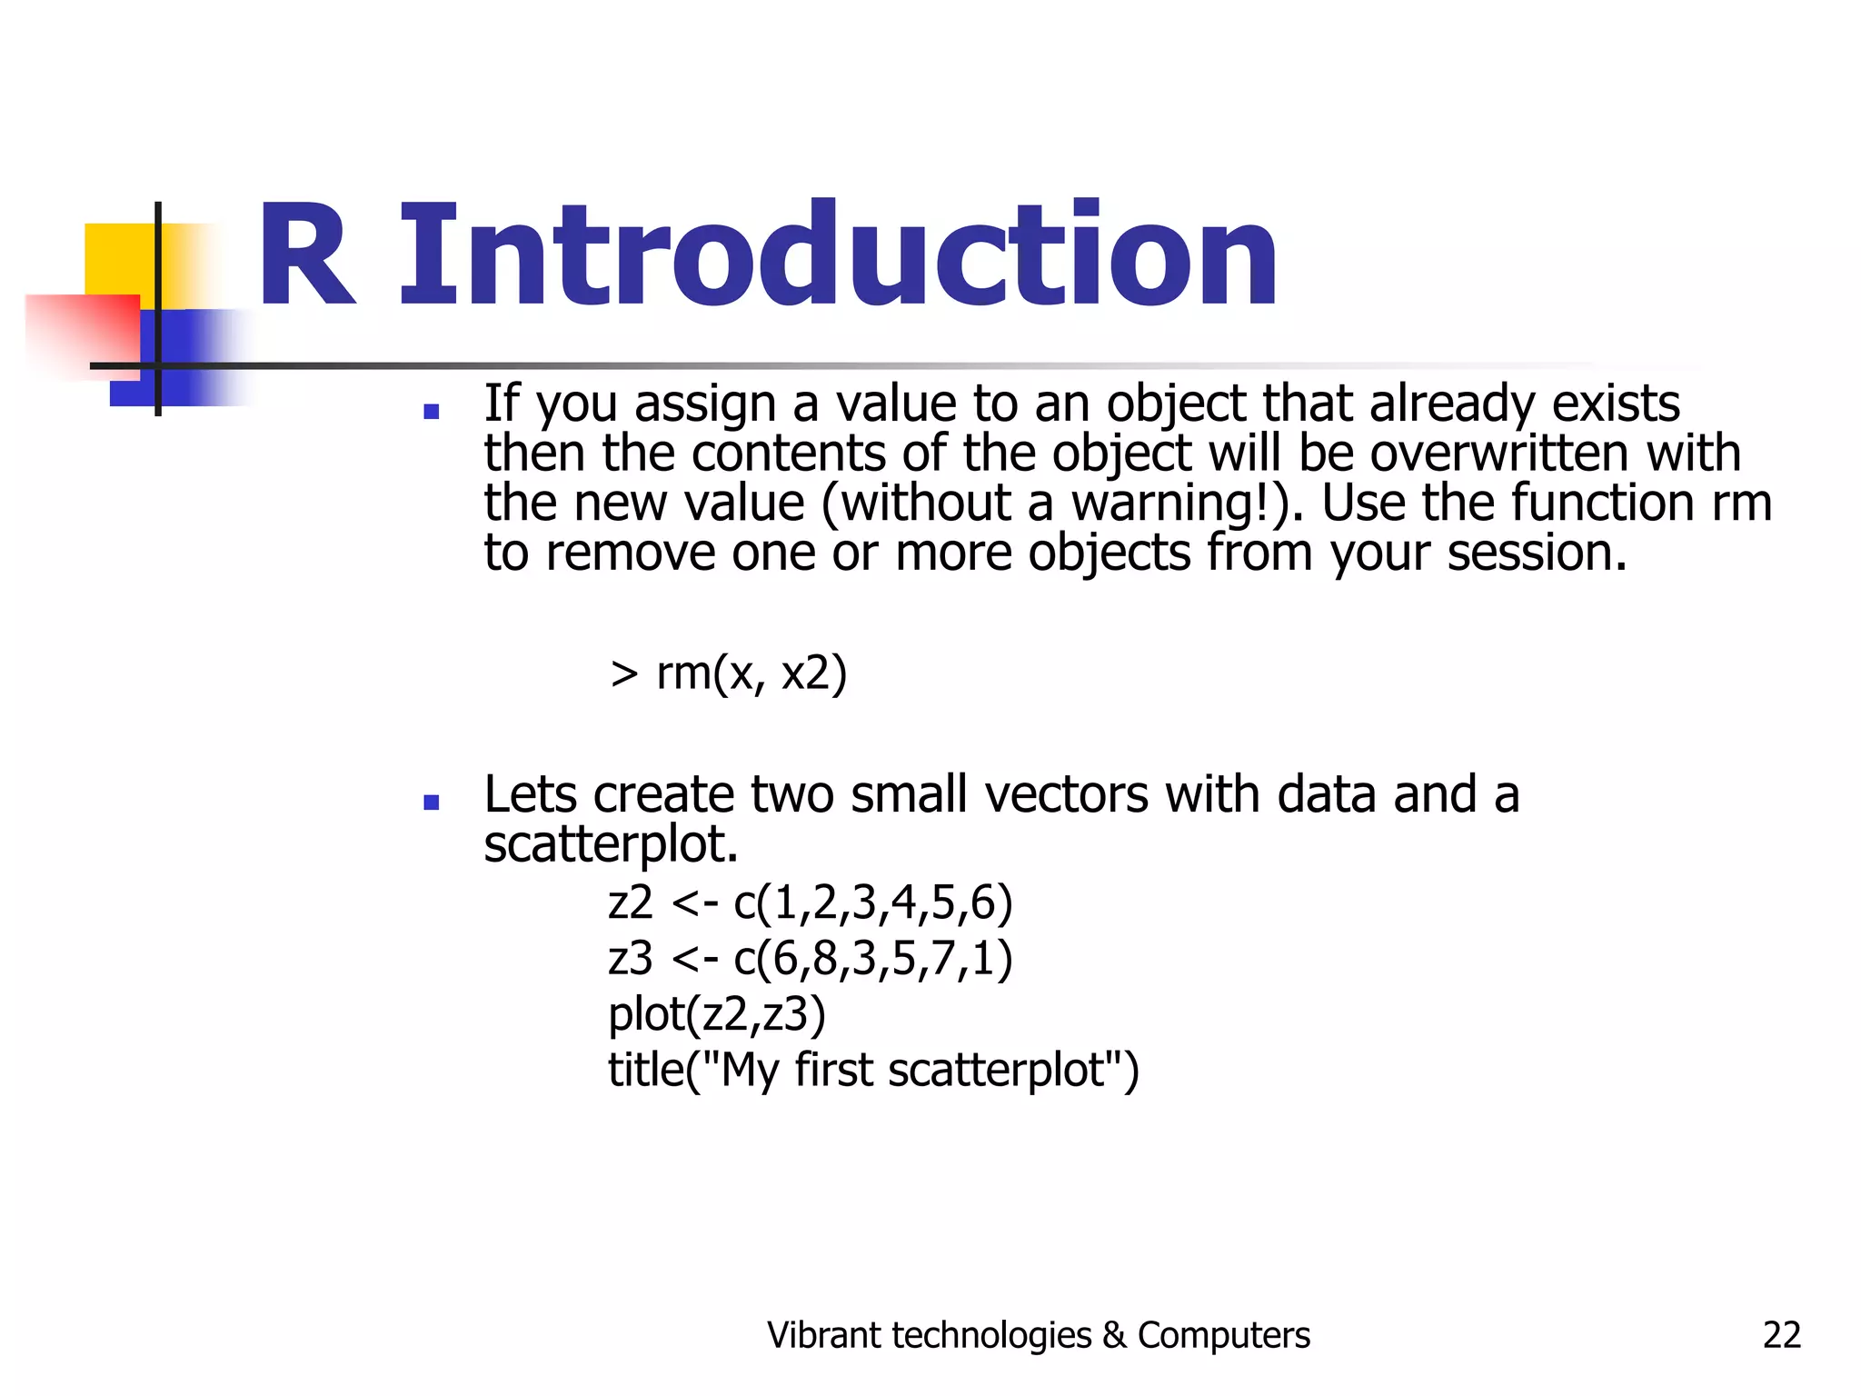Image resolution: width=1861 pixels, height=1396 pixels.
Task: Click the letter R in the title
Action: (306, 256)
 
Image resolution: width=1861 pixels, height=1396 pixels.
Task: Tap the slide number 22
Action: (1781, 1335)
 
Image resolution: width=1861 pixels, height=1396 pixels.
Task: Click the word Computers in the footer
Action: (1223, 1335)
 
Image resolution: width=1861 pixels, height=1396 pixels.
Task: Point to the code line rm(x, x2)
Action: (729, 674)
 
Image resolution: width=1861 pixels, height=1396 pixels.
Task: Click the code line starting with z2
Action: (810, 903)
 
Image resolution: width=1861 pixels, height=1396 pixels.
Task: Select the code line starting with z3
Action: (810, 959)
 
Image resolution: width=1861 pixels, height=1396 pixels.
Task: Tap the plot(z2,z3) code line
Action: (717, 1014)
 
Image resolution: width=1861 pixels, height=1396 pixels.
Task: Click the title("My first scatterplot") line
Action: (873, 1070)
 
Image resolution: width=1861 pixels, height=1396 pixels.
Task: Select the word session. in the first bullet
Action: (1537, 553)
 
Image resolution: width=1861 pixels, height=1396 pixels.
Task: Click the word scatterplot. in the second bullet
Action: (611, 845)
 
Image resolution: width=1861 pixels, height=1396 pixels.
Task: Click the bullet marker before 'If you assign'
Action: (432, 413)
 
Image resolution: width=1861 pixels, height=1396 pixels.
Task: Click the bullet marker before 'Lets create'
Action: (432, 803)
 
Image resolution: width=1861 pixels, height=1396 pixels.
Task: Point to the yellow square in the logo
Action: (118, 258)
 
